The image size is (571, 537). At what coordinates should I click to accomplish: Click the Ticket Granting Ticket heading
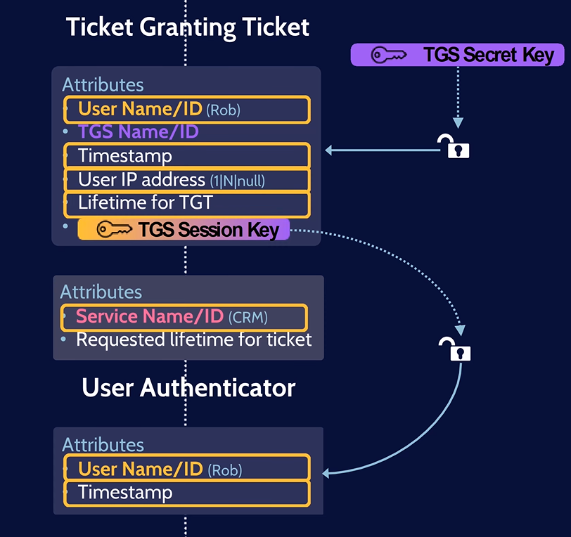click(188, 27)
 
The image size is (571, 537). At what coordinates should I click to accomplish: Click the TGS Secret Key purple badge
click(457, 55)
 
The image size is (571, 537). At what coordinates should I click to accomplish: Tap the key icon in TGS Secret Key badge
click(389, 55)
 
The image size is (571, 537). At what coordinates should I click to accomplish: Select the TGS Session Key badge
click(184, 229)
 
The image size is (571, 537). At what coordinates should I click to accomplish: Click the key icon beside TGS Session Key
click(114, 229)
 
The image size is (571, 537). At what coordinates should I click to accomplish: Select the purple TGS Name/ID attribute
click(138, 131)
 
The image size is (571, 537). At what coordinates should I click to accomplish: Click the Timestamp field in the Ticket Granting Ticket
click(186, 155)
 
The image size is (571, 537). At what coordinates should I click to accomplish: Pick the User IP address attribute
click(186, 180)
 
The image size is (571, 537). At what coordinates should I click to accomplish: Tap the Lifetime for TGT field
click(186, 204)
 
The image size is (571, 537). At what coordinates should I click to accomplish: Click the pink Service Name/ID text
click(149, 316)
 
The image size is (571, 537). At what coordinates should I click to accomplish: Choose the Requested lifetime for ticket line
click(193, 340)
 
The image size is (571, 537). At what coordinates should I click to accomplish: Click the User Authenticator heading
click(188, 387)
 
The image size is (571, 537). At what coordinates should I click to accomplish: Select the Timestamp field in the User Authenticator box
click(186, 493)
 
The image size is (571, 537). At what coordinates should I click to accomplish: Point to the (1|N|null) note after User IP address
click(237, 181)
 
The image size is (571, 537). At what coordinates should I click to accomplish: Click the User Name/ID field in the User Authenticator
click(186, 468)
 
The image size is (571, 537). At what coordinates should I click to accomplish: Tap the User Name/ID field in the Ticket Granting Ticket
click(186, 109)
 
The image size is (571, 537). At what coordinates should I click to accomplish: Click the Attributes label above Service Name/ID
click(101, 292)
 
